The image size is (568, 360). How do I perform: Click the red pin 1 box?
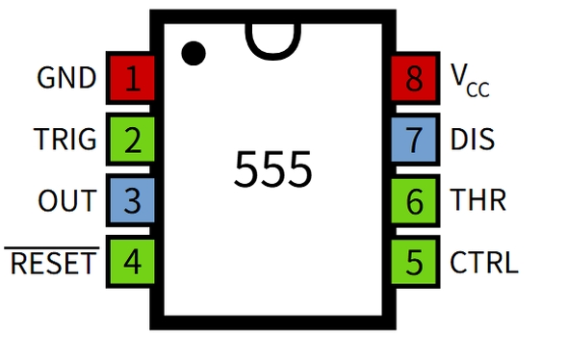click(x=132, y=78)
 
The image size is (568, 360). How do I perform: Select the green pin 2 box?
click(x=132, y=140)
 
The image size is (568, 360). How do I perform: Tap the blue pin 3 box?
click(x=132, y=201)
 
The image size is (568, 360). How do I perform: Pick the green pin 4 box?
click(x=132, y=262)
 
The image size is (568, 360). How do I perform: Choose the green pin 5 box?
click(x=415, y=262)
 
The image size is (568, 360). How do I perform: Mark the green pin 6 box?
click(x=415, y=201)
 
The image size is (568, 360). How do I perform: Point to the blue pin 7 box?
click(x=415, y=140)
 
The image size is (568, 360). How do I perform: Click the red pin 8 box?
click(x=415, y=78)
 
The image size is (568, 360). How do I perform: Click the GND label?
click(x=66, y=78)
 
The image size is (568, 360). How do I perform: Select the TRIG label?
click(x=65, y=140)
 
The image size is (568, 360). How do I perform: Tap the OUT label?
click(x=67, y=201)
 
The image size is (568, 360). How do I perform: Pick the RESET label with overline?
click(x=53, y=262)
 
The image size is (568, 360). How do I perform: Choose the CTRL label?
click(x=483, y=262)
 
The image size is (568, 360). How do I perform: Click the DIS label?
click(x=472, y=140)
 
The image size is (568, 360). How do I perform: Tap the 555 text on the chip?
click(x=272, y=169)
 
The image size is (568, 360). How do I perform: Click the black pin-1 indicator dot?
click(x=194, y=52)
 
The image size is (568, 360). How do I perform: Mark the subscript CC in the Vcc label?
click(x=478, y=90)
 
